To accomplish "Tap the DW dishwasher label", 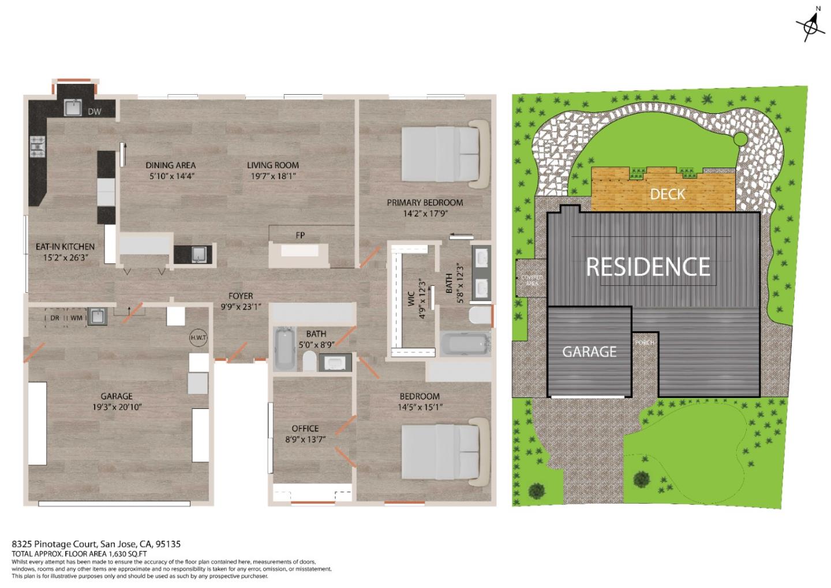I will pyautogui.click(x=95, y=111).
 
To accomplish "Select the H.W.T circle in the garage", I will pyautogui.click(x=199, y=338).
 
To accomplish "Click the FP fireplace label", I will pyautogui.click(x=300, y=235).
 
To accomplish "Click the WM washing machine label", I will pyautogui.click(x=76, y=318).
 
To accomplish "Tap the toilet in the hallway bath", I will pyautogui.click(x=310, y=362).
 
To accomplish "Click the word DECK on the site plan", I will pyautogui.click(x=667, y=194).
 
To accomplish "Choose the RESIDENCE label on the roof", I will pyautogui.click(x=648, y=267).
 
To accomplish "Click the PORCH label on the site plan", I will pyautogui.click(x=645, y=343).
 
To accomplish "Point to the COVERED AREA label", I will pyautogui.click(x=531, y=280).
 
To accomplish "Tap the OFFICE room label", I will pyautogui.click(x=305, y=428).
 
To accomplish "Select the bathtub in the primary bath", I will pyautogui.click(x=465, y=344).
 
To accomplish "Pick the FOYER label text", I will pyautogui.click(x=240, y=296).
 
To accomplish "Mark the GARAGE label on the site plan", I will pyautogui.click(x=589, y=352).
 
